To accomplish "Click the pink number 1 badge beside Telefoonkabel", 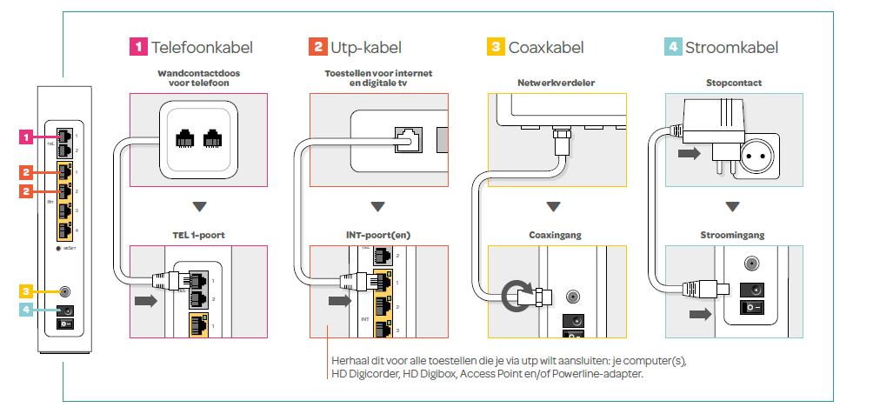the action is click(x=138, y=47).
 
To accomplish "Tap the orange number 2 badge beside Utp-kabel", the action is click(x=318, y=47).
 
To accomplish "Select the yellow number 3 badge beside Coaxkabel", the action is click(x=496, y=47).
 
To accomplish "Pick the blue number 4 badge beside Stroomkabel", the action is click(x=673, y=47).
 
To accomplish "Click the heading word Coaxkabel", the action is click(x=546, y=47).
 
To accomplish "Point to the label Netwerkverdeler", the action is click(x=556, y=83).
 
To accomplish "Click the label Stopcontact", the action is click(x=734, y=83).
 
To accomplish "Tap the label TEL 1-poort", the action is click(x=199, y=235).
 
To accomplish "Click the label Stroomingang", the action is click(x=732, y=235).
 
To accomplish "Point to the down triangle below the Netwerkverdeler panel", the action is click(x=553, y=207).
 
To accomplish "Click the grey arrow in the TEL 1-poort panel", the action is click(x=146, y=301).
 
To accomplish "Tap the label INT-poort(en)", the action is click(x=378, y=235).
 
